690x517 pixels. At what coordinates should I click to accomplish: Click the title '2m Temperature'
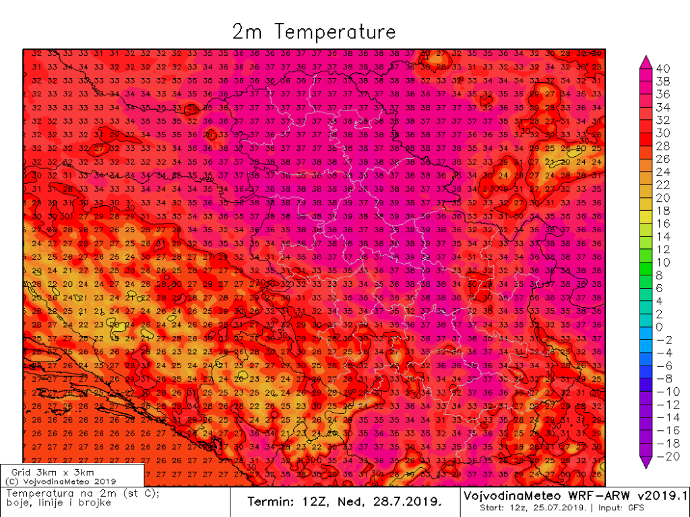point(314,32)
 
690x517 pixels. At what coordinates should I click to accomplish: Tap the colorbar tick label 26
point(663,158)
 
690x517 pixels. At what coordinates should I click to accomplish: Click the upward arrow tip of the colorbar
point(645,57)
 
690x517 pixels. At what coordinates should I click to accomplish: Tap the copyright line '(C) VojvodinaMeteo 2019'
point(60,481)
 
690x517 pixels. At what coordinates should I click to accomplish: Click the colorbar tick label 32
point(663,119)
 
